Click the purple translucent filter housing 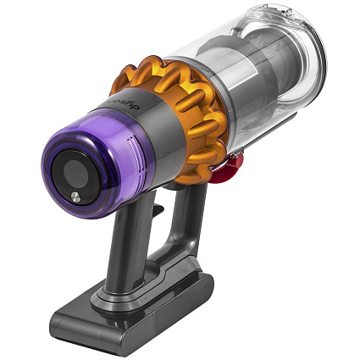(102, 152)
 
